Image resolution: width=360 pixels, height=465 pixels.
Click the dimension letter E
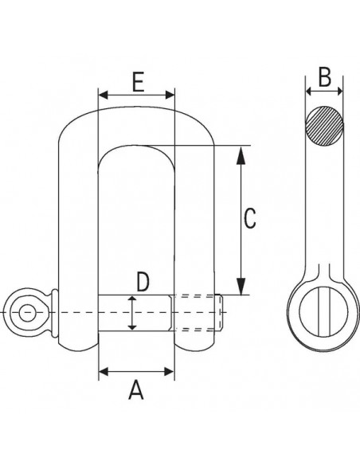pos(137,82)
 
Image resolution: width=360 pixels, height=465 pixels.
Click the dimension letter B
pos(324,77)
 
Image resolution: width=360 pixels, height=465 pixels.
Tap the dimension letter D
pos(142,281)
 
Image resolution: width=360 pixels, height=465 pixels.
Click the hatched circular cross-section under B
pos(324,127)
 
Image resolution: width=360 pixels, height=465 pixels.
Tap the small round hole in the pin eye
pos(26,312)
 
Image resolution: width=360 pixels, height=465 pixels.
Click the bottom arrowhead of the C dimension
pos(241,288)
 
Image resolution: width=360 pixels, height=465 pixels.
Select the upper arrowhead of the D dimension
pos(132,300)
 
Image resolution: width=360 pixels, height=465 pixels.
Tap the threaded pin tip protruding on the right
pos(220,313)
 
